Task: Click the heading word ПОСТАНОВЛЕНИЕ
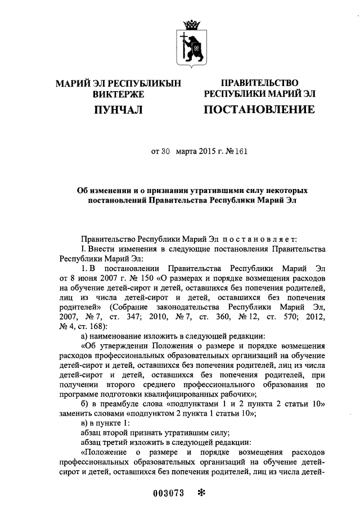pyautogui.click(x=259, y=109)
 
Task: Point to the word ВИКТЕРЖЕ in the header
pyautogui.click(x=118, y=94)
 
